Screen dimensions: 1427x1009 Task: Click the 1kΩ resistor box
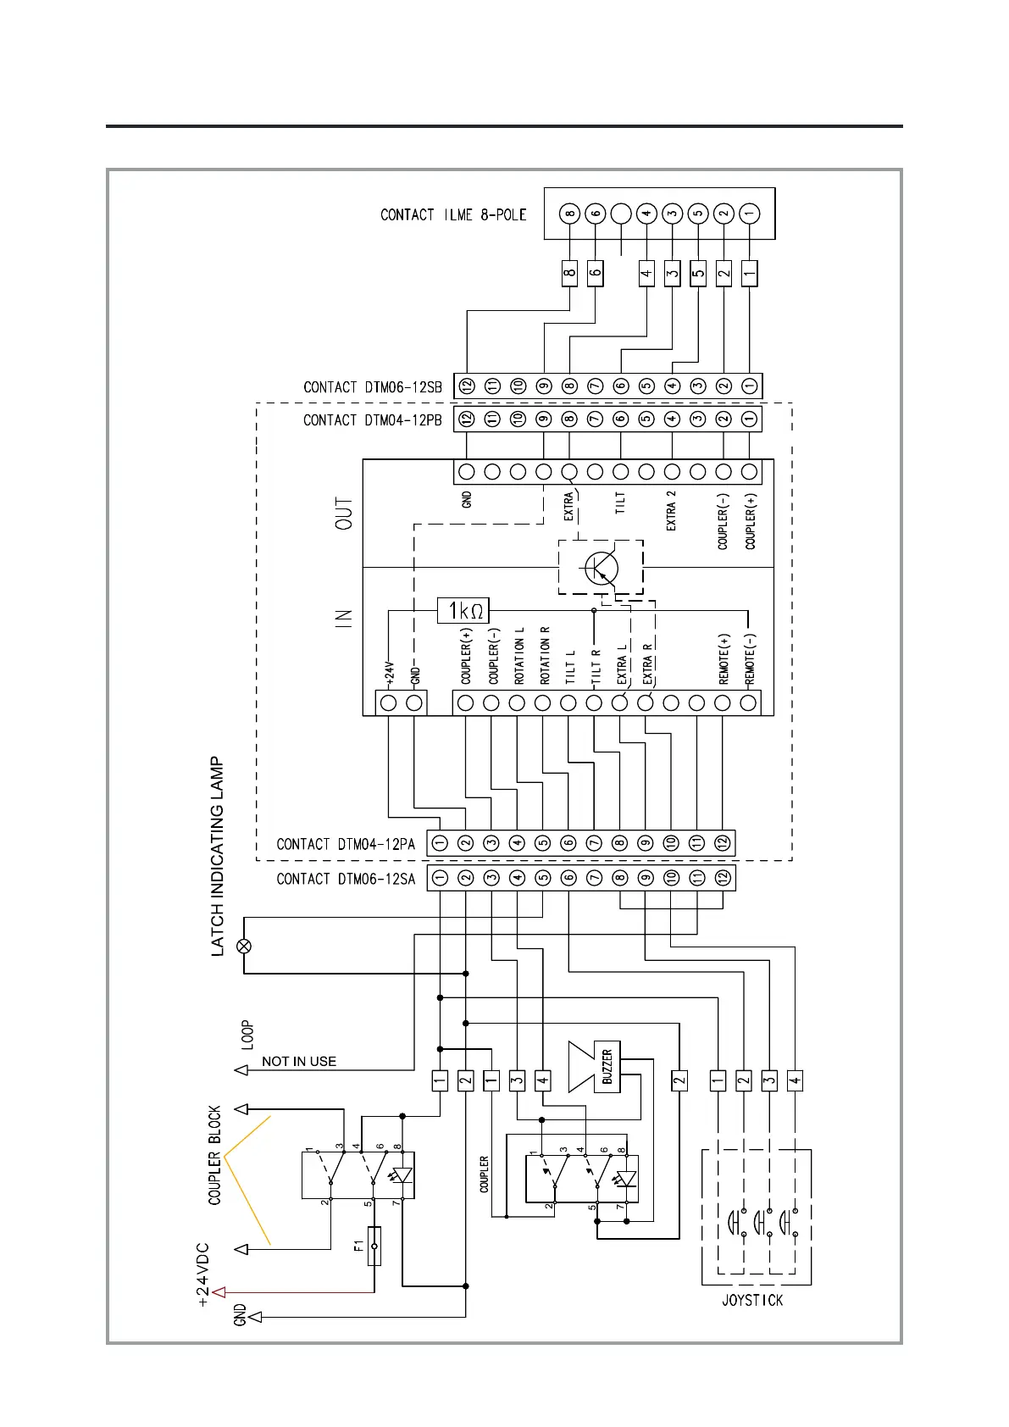click(463, 610)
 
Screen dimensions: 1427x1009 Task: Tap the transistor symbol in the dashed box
click(601, 567)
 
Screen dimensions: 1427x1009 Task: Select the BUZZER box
click(607, 1066)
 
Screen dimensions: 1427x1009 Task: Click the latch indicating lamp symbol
click(244, 945)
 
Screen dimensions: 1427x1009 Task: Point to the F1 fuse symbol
click(374, 1246)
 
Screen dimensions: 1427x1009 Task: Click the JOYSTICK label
click(752, 1300)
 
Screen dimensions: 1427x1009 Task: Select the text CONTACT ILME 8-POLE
click(453, 215)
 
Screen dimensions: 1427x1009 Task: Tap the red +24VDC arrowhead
click(219, 1292)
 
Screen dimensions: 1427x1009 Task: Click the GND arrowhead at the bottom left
click(255, 1317)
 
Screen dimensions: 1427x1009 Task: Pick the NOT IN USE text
click(298, 1061)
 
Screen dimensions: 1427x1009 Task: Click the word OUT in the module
click(344, 514)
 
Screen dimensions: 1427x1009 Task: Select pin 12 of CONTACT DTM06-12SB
click(467, 386)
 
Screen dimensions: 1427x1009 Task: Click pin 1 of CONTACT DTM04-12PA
click(440, 843)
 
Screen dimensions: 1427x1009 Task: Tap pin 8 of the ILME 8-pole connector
click(570, 214)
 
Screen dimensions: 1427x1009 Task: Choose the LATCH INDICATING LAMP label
click(218, 856)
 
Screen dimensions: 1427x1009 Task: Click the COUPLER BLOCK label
click(214, 1154)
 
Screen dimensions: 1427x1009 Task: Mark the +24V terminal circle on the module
click(389, 702)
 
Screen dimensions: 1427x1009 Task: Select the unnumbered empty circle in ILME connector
click(621, 214)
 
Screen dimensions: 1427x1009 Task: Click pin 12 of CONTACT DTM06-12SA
click(723, 878)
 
